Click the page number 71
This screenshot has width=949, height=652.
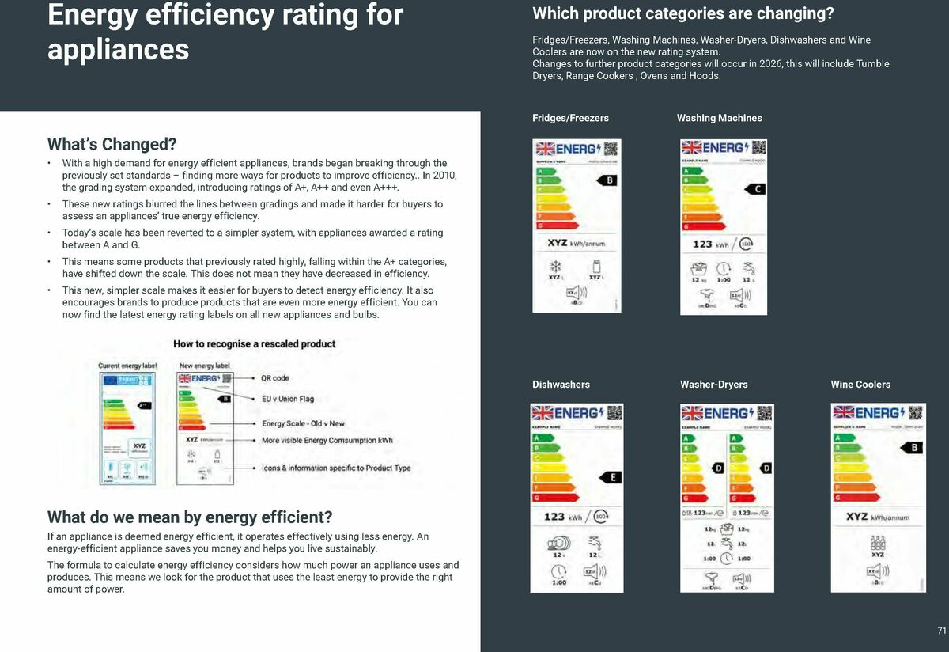[x=941, y=631]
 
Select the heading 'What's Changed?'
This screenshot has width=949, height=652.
[x=112, y=144]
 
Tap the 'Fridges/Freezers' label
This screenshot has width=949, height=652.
[x=570, y=118]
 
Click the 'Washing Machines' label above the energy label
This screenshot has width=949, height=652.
[x=719, y=118]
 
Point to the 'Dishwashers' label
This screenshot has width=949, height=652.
[x=561, y=385]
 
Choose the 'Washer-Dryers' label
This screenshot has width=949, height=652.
[x=713, y=385]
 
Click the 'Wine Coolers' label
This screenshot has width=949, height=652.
[x=860, y=385]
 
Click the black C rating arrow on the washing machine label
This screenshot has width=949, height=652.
[x=756, y=189]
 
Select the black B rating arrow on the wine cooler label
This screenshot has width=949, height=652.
[x=913, y=448]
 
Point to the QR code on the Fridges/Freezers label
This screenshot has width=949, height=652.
[x=610, y=148]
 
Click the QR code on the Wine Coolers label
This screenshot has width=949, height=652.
[x=915, y=412]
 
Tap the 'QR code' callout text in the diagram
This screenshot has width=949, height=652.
[x=275, y=378]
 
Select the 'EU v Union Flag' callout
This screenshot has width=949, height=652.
[x=288, y=399]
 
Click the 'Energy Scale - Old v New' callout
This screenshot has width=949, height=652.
[x=303, y=423]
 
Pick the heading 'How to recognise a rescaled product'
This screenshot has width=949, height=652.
[x=254, y=344]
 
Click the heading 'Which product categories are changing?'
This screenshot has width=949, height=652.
[x=682, y=13]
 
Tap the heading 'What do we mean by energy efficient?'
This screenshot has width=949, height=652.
[x=190, y=517]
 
